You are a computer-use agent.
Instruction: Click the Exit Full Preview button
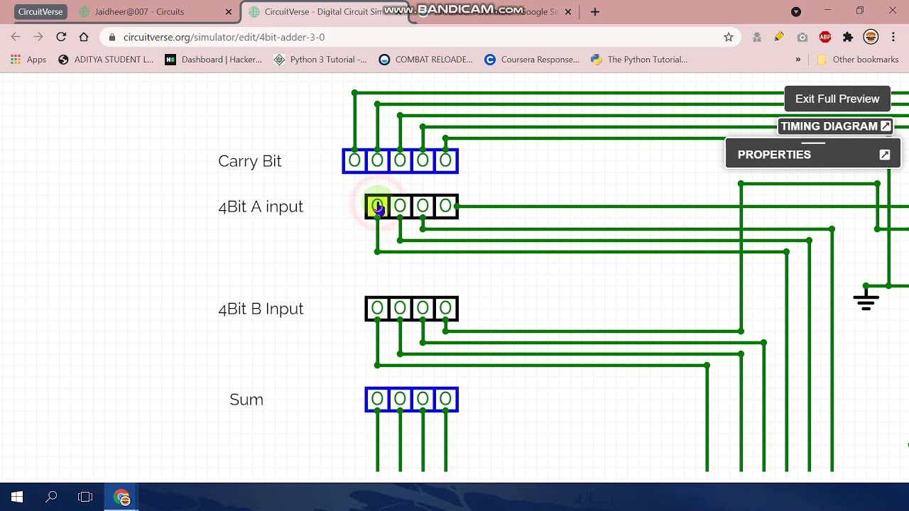pyautogui.click(x=837, y=99)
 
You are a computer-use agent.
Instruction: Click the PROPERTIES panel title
pyautogui.click(x=774, y=155)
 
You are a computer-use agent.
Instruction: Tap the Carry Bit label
pyautogui.click(x=249, y=161)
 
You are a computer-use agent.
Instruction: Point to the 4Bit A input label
pyautogui.click(x=261, y=207)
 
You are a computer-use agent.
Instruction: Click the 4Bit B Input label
pyautogui.click(x=261, y=309)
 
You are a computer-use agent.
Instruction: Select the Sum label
pyautogui.click(x=246, y=400)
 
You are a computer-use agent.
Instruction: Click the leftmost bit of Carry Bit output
pyautogui.click(x=354, y=161)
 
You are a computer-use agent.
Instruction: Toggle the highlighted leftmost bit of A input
pyautogui.click(x=377, y=207)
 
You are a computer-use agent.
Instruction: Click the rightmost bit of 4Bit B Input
pyautogui.click(x=445, y=309)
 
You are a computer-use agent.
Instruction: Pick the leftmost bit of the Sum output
pyautogui.click(x=377, y=400)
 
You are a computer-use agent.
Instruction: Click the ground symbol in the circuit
pyautogui.click(x=866, y=300)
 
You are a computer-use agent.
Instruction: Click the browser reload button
pyautogui.click(x=61, y=37)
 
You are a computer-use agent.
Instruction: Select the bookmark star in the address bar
pyautogui.click(x=728, y=37)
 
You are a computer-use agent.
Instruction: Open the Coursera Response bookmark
pyautogui.click(x=532, y=60)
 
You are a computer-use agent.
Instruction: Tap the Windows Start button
pyautogui.click(x=17, y=497)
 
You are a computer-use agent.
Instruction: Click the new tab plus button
pyautogui.click(x=595, y=12)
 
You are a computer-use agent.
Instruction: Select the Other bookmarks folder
pyautogui.click(x=858, y=60)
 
